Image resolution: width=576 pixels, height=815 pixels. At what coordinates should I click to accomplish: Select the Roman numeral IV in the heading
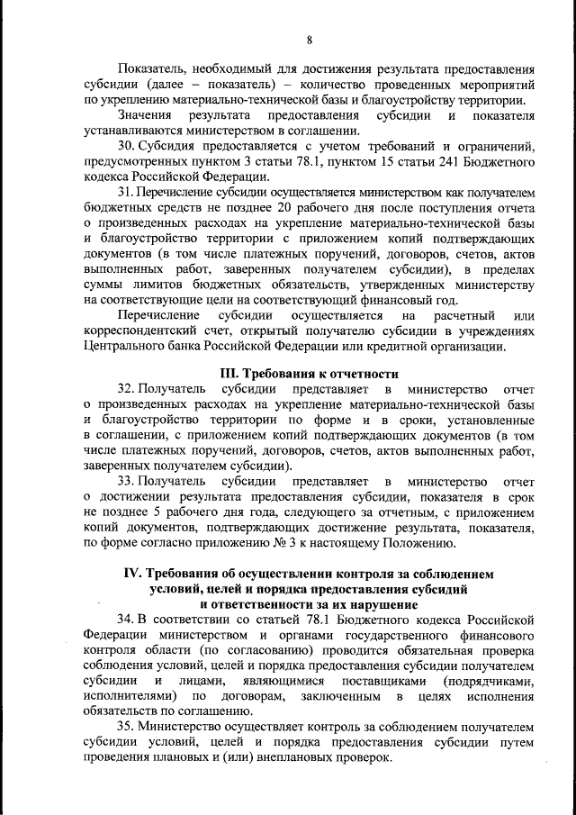pyautogui.click(x=131, y=574)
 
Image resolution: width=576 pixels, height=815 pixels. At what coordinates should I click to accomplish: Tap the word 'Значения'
pyautogui.click(x=145, y=116)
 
